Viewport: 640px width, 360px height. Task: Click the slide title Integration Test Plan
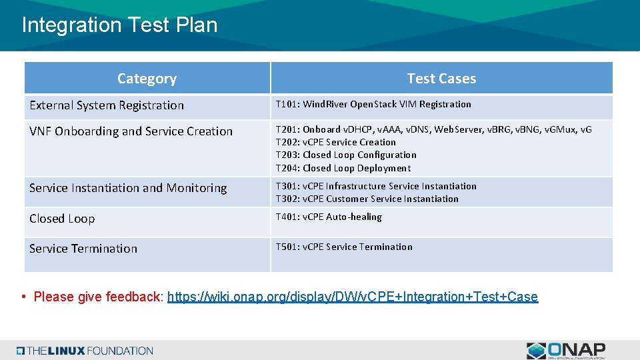(x=119, y=25)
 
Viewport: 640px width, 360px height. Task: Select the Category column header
(x=147, y=79)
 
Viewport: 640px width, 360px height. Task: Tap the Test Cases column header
(x=441, y=79)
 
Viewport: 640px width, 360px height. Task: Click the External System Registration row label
(x=107, y=105)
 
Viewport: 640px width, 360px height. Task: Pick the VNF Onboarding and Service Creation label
(x=131, y=131)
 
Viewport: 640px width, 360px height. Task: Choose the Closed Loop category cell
(x=62, y=219)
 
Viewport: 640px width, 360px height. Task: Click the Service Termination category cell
(x=83, y=249)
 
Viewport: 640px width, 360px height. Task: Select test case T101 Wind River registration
(x=373, y=104)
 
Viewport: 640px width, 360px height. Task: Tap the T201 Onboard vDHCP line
(x=433, y=129)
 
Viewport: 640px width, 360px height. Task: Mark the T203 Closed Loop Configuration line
(x=346, y=155)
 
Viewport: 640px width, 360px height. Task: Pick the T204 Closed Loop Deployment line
(x=343, y=168)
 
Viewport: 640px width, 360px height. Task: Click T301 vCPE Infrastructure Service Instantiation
(x=376, y=186)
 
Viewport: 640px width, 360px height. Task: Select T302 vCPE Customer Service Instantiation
(x=367, y=199)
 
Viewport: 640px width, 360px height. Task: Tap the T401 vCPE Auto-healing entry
(x=329, y=217)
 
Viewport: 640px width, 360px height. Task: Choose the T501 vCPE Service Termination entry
(x=344, y=247)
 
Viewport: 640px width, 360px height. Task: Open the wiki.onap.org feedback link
(x=352, y=297)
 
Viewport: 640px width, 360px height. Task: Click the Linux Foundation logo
(x=85, y=350)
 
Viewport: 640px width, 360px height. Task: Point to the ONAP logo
(x=566, y=350)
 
